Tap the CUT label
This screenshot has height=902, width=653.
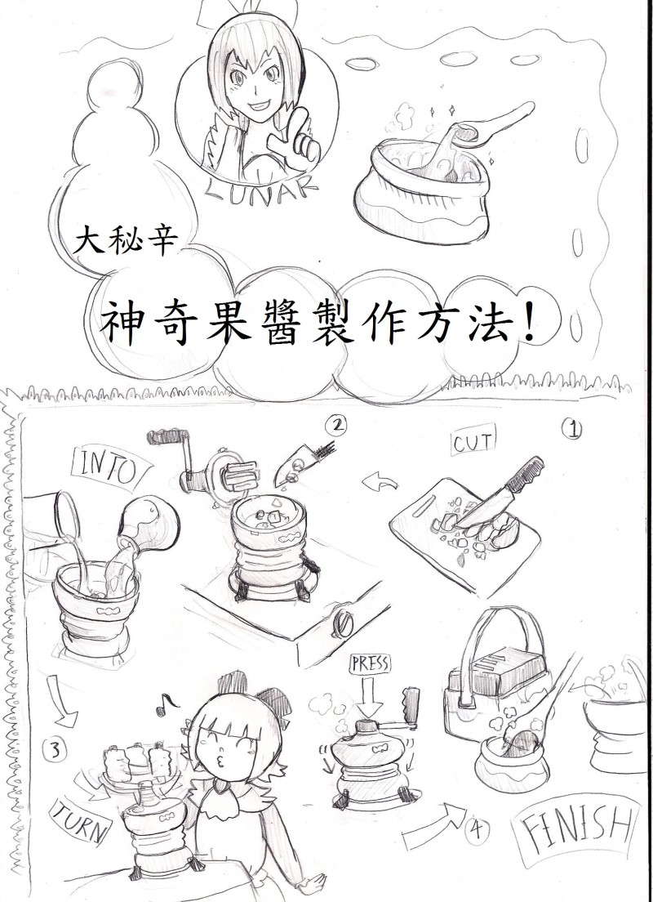(x=473, y=442)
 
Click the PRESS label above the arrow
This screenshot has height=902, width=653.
(x=368, y=664)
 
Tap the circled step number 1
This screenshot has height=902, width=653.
(x=572, y=429)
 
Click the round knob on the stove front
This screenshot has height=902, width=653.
(x=344, y=623)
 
